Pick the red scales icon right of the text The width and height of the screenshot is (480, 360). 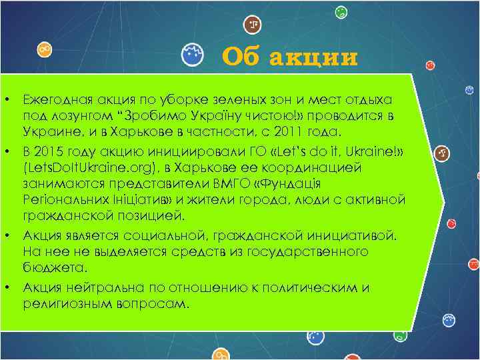(442, 153)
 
